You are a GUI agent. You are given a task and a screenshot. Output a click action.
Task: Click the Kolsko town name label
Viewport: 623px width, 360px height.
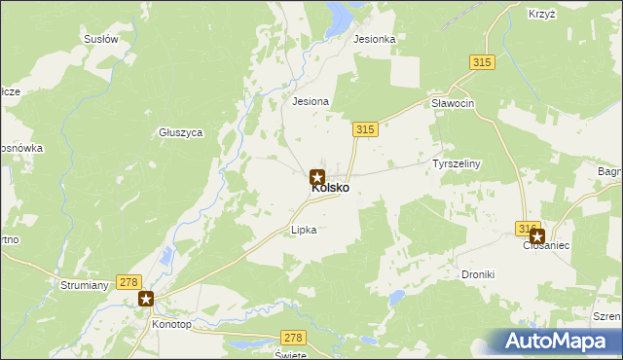click(331, 188)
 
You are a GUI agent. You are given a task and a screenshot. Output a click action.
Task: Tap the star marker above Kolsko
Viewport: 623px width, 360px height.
click(317, 177)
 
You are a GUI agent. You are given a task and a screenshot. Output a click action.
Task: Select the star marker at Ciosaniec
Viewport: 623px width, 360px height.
click(536, 235)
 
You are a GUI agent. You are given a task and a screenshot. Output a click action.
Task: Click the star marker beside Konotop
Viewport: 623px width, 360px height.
click(146, 300)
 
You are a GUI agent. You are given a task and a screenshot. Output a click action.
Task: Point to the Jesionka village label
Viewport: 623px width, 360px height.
click(375, 40)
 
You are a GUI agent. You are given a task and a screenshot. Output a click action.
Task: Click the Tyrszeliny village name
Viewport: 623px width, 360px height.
click(457, 163)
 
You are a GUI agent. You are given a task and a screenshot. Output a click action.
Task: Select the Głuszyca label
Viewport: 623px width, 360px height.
click(180, 132)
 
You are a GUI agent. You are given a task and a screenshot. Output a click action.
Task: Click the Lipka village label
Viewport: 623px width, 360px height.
click(305, 231)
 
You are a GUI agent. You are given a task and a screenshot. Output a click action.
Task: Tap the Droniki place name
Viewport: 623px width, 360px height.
click(478, 274)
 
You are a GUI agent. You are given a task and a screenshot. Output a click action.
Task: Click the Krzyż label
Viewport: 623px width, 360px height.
click(541, 15)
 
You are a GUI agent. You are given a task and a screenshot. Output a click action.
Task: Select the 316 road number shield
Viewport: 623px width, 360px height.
click(528, 228)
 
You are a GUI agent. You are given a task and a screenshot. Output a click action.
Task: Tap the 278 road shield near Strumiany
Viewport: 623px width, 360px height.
click(128, 281)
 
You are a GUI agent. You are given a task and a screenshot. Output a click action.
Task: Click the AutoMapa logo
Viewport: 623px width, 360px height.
click(560, 342)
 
